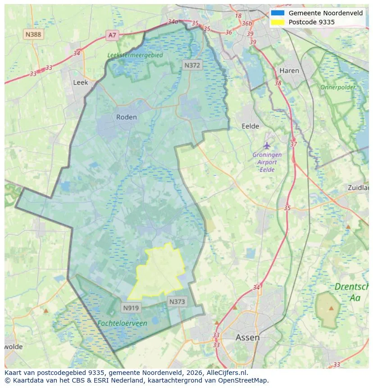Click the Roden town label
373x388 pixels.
(126, 117)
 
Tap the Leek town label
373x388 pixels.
(81, 83)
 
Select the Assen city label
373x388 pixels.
(247, 337)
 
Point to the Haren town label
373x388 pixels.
(289, 71)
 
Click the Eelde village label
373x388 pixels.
(250, 127)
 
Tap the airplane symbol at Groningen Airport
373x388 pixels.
(267, 145)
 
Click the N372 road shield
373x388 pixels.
(192, 65)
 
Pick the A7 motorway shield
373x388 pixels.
(112, 35)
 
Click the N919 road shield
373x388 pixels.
(131, 308)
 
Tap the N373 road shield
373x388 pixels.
(177, 301)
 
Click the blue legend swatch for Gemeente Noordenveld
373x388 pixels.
(278, 13)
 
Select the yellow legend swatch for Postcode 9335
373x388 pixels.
(278, 22)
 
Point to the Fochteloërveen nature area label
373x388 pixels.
(122, 323)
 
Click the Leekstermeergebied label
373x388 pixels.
(135, 55)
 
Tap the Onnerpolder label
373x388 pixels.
(338, 87)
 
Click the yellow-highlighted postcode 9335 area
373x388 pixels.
(160, 270)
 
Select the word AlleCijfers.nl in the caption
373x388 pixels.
(225, 373)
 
